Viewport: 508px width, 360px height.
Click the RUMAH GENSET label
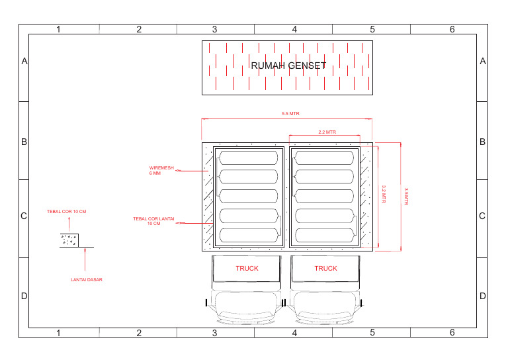[x=288, y=66]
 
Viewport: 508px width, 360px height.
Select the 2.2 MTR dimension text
[x=327, y=132]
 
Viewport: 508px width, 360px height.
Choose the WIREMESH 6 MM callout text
[x=161, y=170]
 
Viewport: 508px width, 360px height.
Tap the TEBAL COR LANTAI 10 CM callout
[x=153, y=221]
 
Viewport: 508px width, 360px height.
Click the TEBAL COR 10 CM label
[x=66, y=212]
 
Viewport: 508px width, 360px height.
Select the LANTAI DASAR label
[x=87, y=280]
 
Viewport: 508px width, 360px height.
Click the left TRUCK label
[x=247, y=268]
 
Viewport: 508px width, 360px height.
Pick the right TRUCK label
[x=325, y=268]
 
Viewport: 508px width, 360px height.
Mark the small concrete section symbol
[x=69, y=239]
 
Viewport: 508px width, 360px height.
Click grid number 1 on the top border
[x=58, y=29]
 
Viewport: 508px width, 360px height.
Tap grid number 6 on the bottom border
[x=452, y=332]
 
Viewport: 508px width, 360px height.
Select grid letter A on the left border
[x=24, y=62]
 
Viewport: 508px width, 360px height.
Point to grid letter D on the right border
[x=483, y=296]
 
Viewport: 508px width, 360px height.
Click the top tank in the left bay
[x=248, y=157]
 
